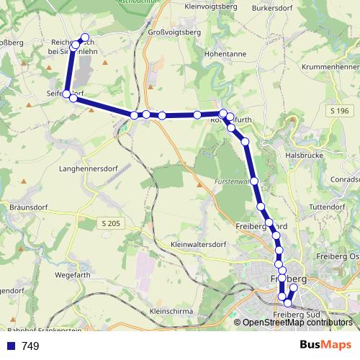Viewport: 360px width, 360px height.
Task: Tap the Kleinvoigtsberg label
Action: pos(212,6)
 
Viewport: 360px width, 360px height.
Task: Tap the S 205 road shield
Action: pos(110,224)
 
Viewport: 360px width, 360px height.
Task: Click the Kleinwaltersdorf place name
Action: pos(199,245)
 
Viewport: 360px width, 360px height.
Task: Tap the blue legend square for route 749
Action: pos(11,346)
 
